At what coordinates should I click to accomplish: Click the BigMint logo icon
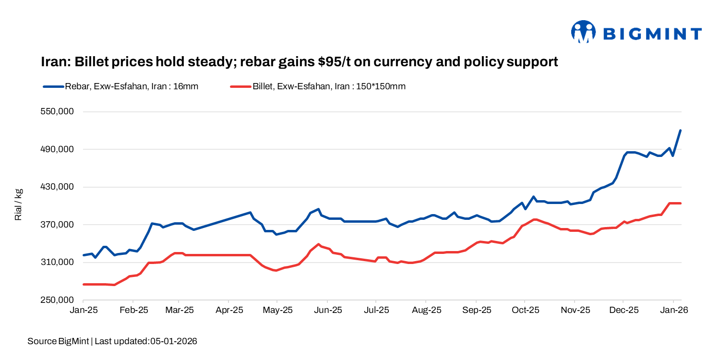[583, 32]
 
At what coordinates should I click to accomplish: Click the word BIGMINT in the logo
[652, 34]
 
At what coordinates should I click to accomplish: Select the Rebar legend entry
[120, 86]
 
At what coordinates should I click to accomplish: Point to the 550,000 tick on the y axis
[56, 112]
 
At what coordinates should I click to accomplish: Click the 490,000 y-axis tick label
[56, 149]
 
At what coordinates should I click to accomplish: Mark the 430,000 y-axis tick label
[56, 187]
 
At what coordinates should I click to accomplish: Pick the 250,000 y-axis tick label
[56, 300]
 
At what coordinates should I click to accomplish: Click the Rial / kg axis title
[19, 204]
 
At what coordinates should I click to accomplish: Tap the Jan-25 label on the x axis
[84, 311]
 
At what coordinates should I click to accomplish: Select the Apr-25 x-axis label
[229, 311]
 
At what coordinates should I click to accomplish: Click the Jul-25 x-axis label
[376, 311]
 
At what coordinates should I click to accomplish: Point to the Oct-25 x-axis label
[525, 311]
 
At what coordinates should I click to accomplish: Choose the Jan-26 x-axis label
[674, 311]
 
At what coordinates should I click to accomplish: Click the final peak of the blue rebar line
[681, 131]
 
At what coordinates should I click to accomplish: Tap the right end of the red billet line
[681, 204]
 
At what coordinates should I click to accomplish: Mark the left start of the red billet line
[84, 284]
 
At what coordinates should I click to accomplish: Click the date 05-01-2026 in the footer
[173, 341]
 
